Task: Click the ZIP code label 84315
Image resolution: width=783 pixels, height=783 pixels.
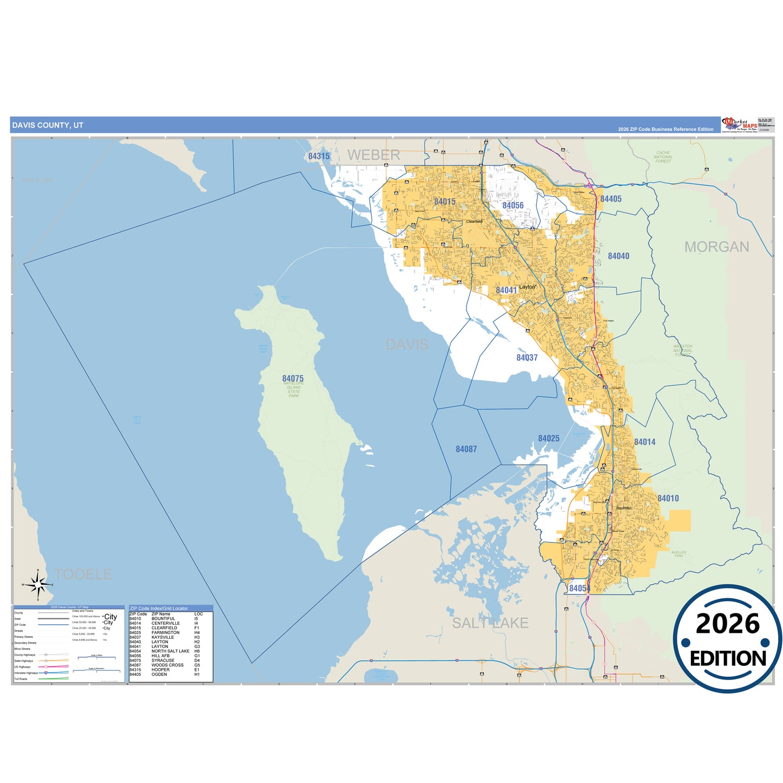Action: pos(319,156)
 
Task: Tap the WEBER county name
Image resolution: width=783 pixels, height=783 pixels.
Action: pos(373,155)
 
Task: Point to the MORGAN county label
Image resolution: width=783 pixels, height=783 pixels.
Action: pos(716,247)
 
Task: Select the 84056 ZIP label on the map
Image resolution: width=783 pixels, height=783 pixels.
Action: pos(513,205)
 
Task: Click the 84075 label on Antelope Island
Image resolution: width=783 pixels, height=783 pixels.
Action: pos(293,378)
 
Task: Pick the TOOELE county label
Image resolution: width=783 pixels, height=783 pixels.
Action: pos(83,574)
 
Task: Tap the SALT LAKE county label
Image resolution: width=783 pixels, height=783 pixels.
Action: pos(490,623)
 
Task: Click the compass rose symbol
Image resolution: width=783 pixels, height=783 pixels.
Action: pos(38,585)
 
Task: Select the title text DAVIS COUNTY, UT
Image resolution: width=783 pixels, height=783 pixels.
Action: pos(48,125)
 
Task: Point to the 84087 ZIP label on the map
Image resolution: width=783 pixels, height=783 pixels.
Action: pos(466,449)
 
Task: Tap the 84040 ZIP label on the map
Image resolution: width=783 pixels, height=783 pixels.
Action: pos(618,256)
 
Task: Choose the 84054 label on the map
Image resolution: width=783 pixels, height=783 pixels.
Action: pos(579,588)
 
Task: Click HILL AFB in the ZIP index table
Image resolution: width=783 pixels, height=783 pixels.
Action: pos(160,656)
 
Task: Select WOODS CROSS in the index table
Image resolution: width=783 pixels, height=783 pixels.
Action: pos(167,665)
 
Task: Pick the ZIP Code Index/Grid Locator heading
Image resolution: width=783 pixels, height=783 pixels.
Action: pos(159,609)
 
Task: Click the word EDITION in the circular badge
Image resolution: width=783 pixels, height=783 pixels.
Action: pos(728,658)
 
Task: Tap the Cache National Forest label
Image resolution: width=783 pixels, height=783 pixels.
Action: pos(663,157)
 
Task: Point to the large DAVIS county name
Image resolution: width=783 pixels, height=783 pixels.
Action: pos(407,345)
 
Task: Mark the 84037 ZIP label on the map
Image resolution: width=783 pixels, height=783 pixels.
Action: pos(527,358)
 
